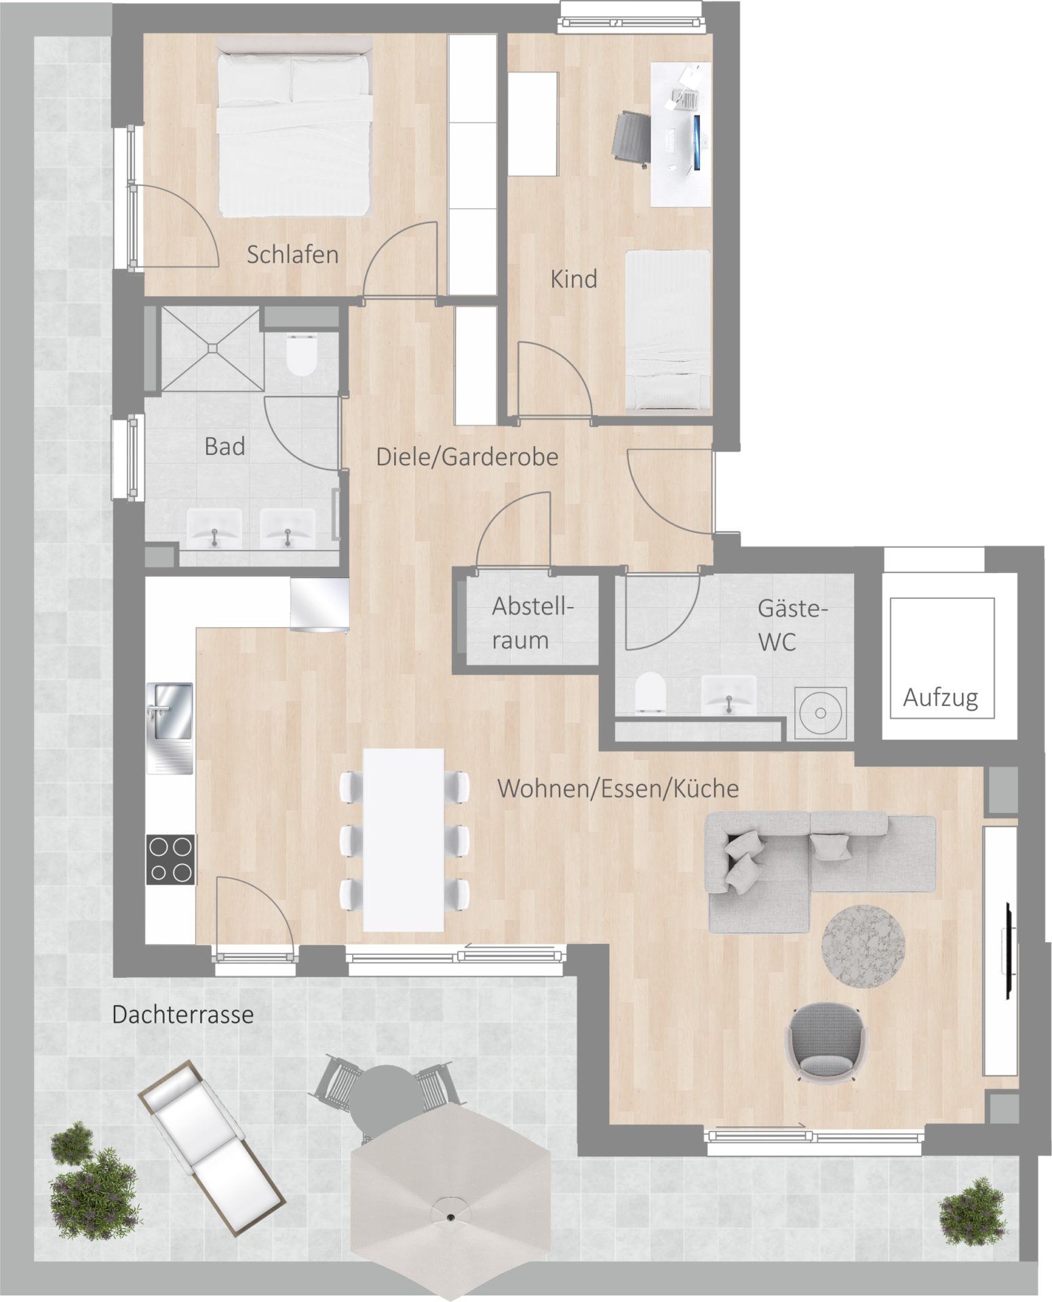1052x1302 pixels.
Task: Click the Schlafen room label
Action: pos(292,255)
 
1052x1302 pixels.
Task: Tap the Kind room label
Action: pos(574,279)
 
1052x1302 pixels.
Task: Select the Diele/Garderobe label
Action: pos(467,457)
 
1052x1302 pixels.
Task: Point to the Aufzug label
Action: pos(940,698)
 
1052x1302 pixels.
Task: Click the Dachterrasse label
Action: pos(183,1014)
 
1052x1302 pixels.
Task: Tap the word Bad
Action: pos(225,447)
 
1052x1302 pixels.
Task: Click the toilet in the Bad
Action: pos(302,355)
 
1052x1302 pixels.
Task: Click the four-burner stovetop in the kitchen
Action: pos(171,860)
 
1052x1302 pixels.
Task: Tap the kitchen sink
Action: pos(170,728)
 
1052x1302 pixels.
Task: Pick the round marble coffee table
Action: pos(863,947)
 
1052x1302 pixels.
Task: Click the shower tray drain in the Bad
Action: pos(212,349)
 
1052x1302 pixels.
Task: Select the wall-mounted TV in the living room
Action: pos(1009,951)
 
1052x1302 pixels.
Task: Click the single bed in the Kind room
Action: pos(667,330)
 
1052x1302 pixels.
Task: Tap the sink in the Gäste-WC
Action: pos(728,694)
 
